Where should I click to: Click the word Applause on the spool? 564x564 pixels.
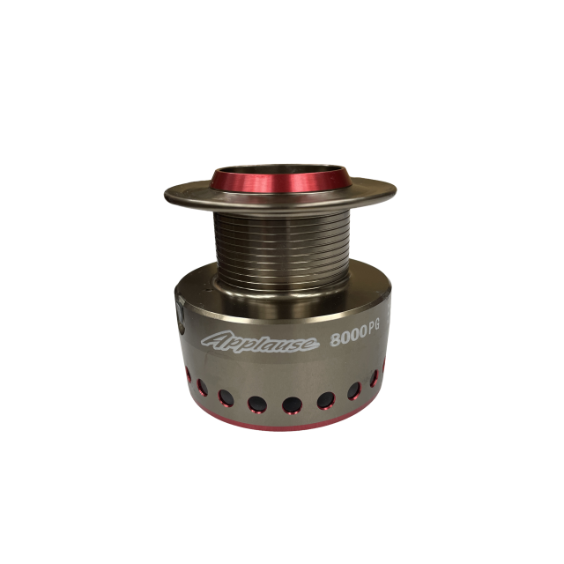(260, 341)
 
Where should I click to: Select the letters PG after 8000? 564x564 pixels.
(373, 329)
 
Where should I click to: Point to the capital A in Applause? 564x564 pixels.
(213, 340)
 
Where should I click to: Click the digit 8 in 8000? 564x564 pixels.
(335, 340)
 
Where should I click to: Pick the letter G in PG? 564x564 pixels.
(376, 328)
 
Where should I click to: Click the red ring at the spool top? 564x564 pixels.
(282, 182)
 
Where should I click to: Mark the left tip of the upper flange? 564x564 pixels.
(165, 197)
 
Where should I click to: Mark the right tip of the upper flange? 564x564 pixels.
(396, 190)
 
